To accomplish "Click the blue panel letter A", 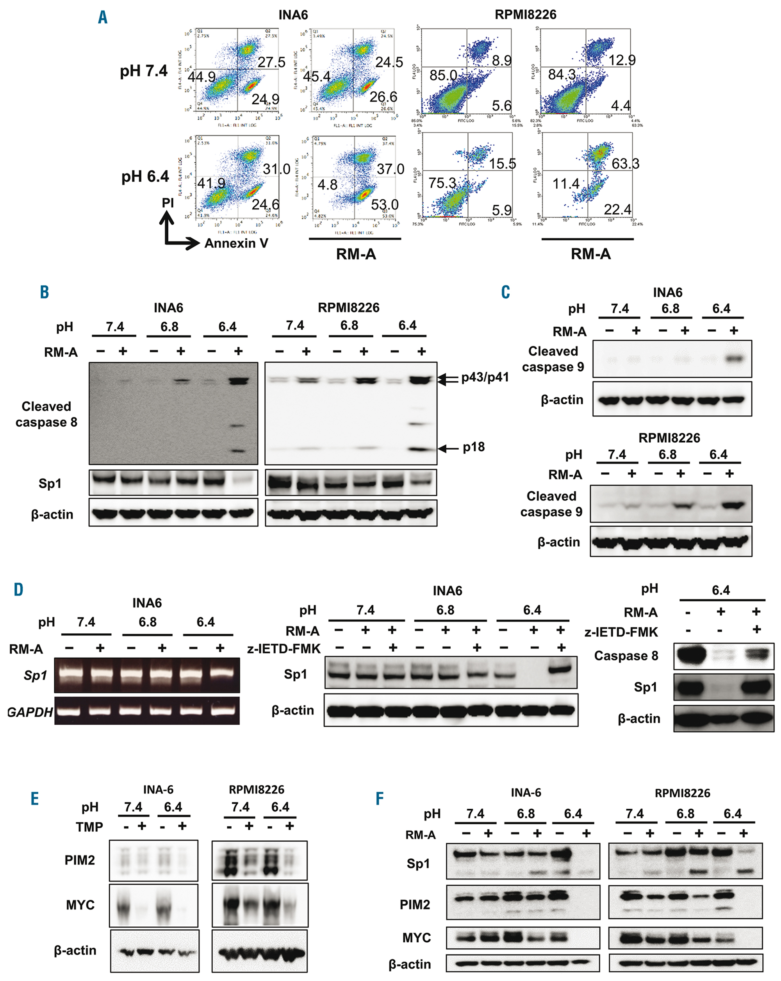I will tap(103, 17).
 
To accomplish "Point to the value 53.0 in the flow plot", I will tap(384, 205).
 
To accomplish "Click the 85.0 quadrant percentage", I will tap(443, 75).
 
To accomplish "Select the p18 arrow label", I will tap(474, 447).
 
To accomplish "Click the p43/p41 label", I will tap(485, 377).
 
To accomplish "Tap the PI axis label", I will tap(168, 203).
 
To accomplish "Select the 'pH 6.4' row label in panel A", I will tap(144, 177).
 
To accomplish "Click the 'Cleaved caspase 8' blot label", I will tap(46, 414).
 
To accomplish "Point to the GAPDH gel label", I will tap(30, 712).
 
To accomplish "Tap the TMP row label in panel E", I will tap(89, 827).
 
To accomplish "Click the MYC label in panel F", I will tap(416, 938).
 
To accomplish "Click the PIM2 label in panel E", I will tap(80, 860).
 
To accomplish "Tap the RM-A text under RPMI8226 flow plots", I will tap(590, 254).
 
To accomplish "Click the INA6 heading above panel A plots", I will tap(293, 15).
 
